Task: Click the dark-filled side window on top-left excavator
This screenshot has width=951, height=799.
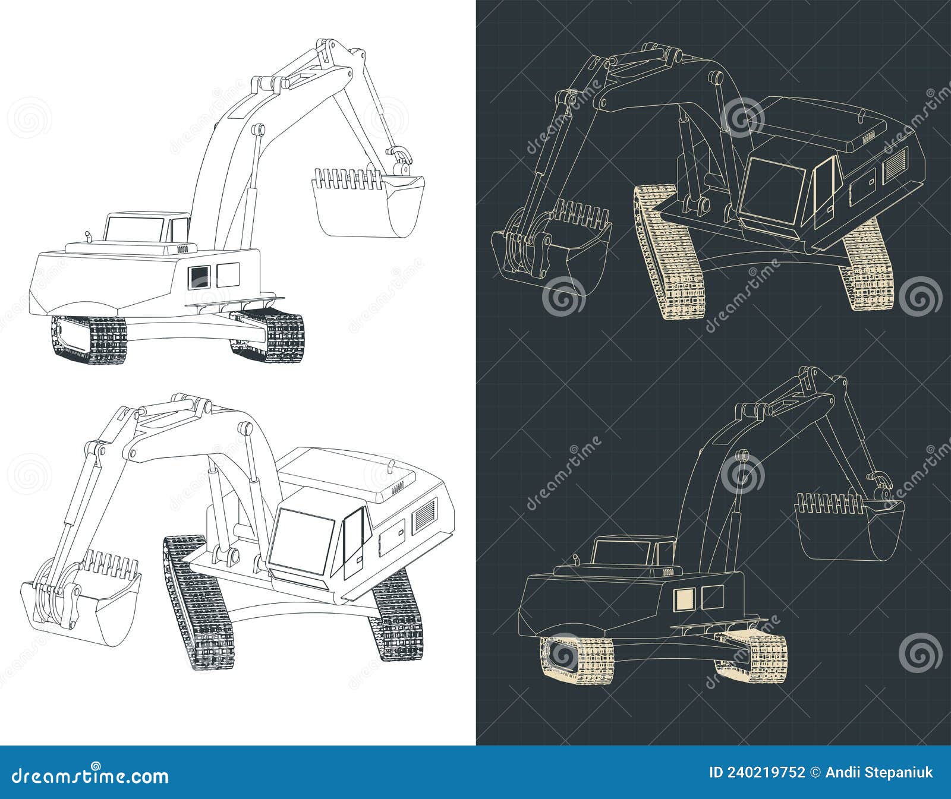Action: pos(200,276)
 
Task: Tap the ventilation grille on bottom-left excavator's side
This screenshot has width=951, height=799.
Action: pos(424,514)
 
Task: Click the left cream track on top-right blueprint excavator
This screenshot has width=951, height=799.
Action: pos(669,250)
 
